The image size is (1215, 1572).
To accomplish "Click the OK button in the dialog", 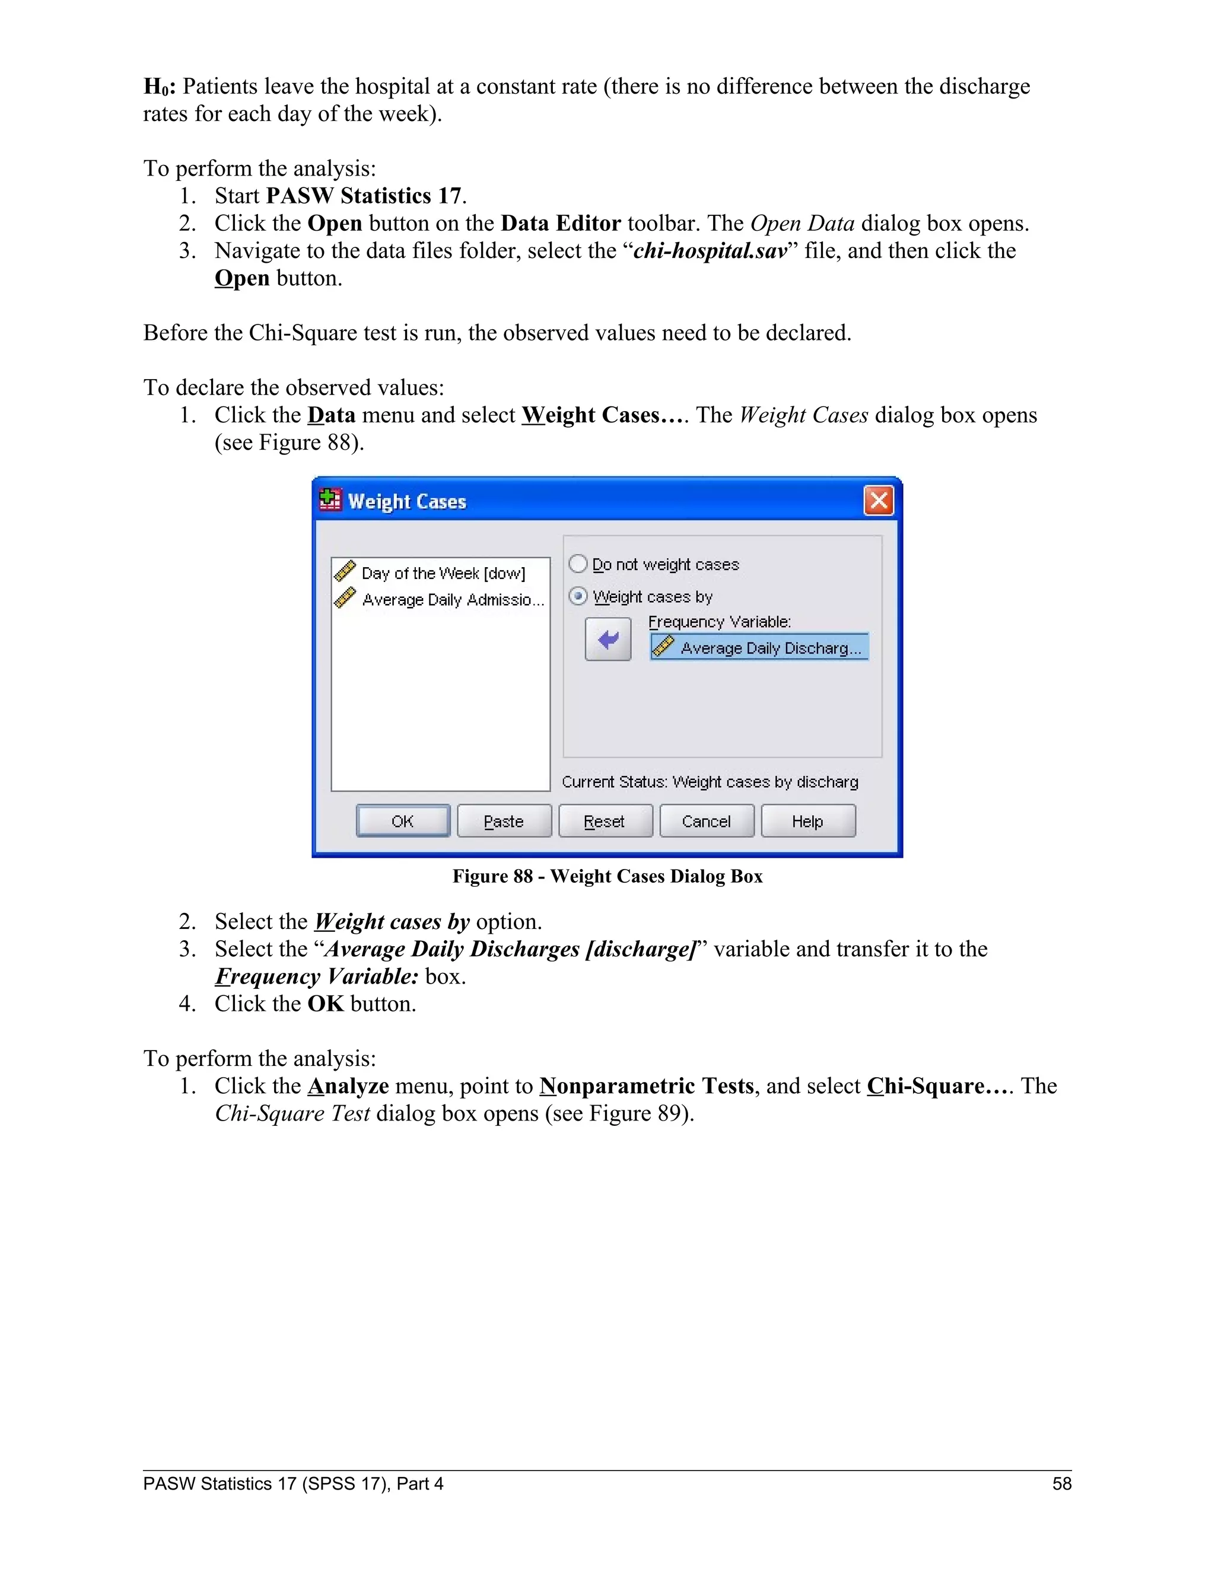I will [402, 821].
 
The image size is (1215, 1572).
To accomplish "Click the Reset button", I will [605, 821].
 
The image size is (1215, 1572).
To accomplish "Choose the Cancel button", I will [706, 821].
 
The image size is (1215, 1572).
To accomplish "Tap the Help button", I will [807, 821].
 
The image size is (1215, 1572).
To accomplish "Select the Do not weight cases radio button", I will [578, 564].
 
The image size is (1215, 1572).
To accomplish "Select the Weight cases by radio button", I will [578, 596].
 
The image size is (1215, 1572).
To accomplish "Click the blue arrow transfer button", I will [607, 639].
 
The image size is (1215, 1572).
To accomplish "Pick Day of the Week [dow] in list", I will [443, 573].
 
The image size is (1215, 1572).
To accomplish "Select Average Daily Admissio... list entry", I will [452, 600].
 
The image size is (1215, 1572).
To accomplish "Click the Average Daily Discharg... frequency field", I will [759, 647].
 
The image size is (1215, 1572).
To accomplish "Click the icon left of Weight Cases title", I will [330, 499].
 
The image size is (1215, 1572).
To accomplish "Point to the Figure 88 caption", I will [607, 876].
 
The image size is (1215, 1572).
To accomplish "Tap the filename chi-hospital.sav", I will [710, 250].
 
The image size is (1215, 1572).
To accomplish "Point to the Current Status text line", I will [710, 782].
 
